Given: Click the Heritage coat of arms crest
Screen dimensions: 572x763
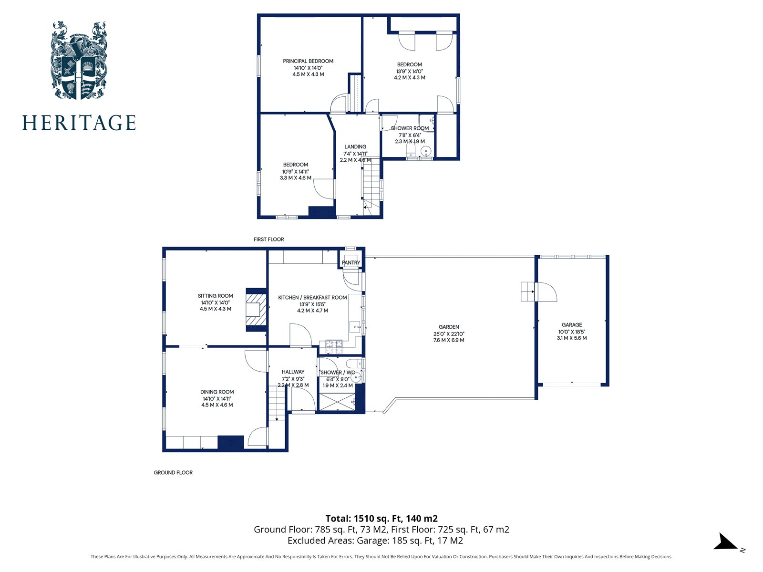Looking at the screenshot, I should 79,61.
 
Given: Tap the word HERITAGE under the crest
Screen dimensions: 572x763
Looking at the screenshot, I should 79,123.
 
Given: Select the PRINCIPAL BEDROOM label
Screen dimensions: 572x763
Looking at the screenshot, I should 308,61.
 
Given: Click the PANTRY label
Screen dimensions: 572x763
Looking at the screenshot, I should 351,263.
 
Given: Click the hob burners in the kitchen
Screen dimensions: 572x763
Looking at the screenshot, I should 334,343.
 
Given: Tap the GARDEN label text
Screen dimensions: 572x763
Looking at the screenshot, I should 449,327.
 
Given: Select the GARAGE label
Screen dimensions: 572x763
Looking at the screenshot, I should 572,325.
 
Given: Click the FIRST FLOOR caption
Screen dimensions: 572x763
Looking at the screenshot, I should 268,239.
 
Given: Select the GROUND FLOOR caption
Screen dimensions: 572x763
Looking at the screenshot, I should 173,473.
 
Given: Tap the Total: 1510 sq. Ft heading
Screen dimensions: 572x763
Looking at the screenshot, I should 381,519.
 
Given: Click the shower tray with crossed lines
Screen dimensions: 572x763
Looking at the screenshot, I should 337,402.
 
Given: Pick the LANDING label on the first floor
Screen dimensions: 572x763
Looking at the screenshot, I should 355,147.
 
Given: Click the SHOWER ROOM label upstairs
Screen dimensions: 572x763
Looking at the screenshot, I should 410,128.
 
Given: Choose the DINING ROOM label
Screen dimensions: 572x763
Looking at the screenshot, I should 217,392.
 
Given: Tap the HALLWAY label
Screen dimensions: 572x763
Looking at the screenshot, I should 293,372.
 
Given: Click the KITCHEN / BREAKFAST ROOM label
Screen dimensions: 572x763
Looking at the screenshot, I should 312,298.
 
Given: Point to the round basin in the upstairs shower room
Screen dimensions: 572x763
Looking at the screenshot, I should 426,151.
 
